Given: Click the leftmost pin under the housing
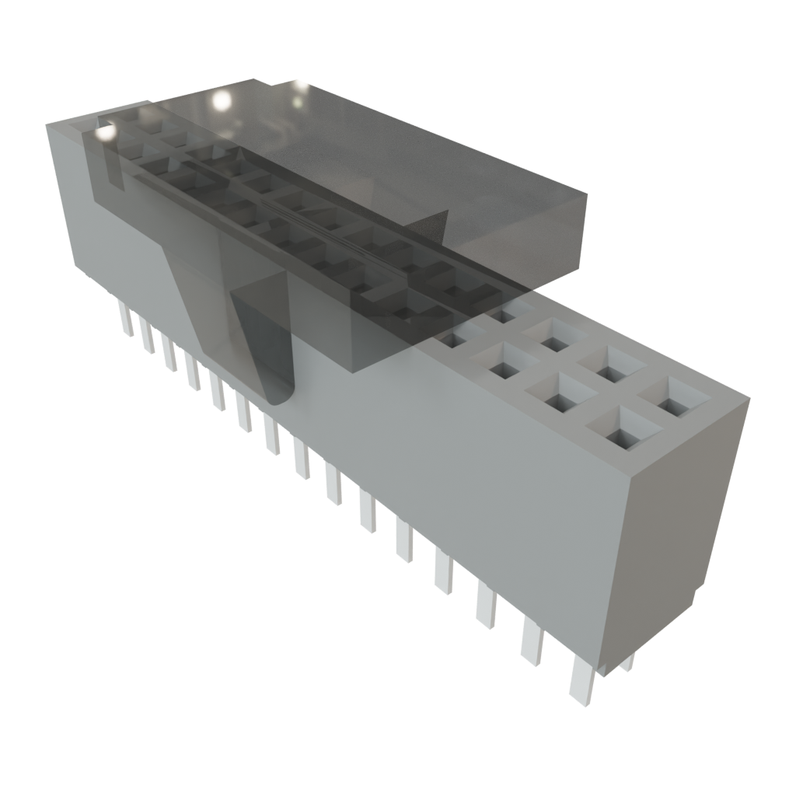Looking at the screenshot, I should click(x=125, y=319).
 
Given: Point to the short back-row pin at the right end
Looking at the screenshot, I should click(x=627, y=662).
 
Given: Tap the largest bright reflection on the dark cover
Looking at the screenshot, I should click(x=222, y=99).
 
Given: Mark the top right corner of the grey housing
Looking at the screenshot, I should click(x=749, y=398).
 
